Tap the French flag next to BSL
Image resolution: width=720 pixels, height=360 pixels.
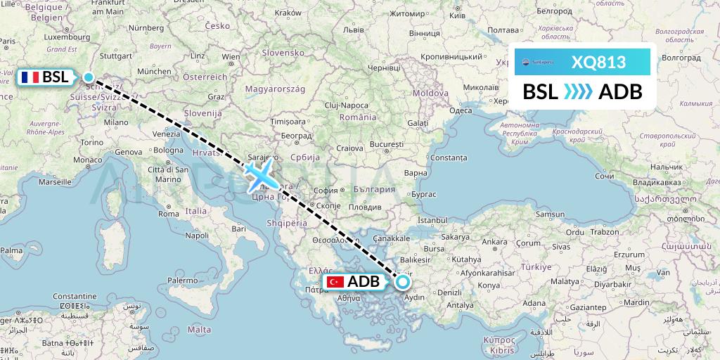point(30,77)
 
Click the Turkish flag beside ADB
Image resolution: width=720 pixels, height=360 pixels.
point(335,282)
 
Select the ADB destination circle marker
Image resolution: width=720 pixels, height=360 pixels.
point(403,282)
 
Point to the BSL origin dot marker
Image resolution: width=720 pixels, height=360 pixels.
point(89,77)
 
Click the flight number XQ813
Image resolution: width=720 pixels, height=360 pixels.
point(598,62)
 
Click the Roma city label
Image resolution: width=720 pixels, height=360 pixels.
point(168,213)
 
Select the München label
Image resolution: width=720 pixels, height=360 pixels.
point(154,71)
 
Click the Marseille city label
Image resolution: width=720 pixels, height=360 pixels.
point(56,181)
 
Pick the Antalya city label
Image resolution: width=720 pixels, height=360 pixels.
point(460,305)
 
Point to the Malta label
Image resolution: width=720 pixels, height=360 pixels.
point(200,329)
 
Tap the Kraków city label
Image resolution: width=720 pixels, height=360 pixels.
point(288,13)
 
